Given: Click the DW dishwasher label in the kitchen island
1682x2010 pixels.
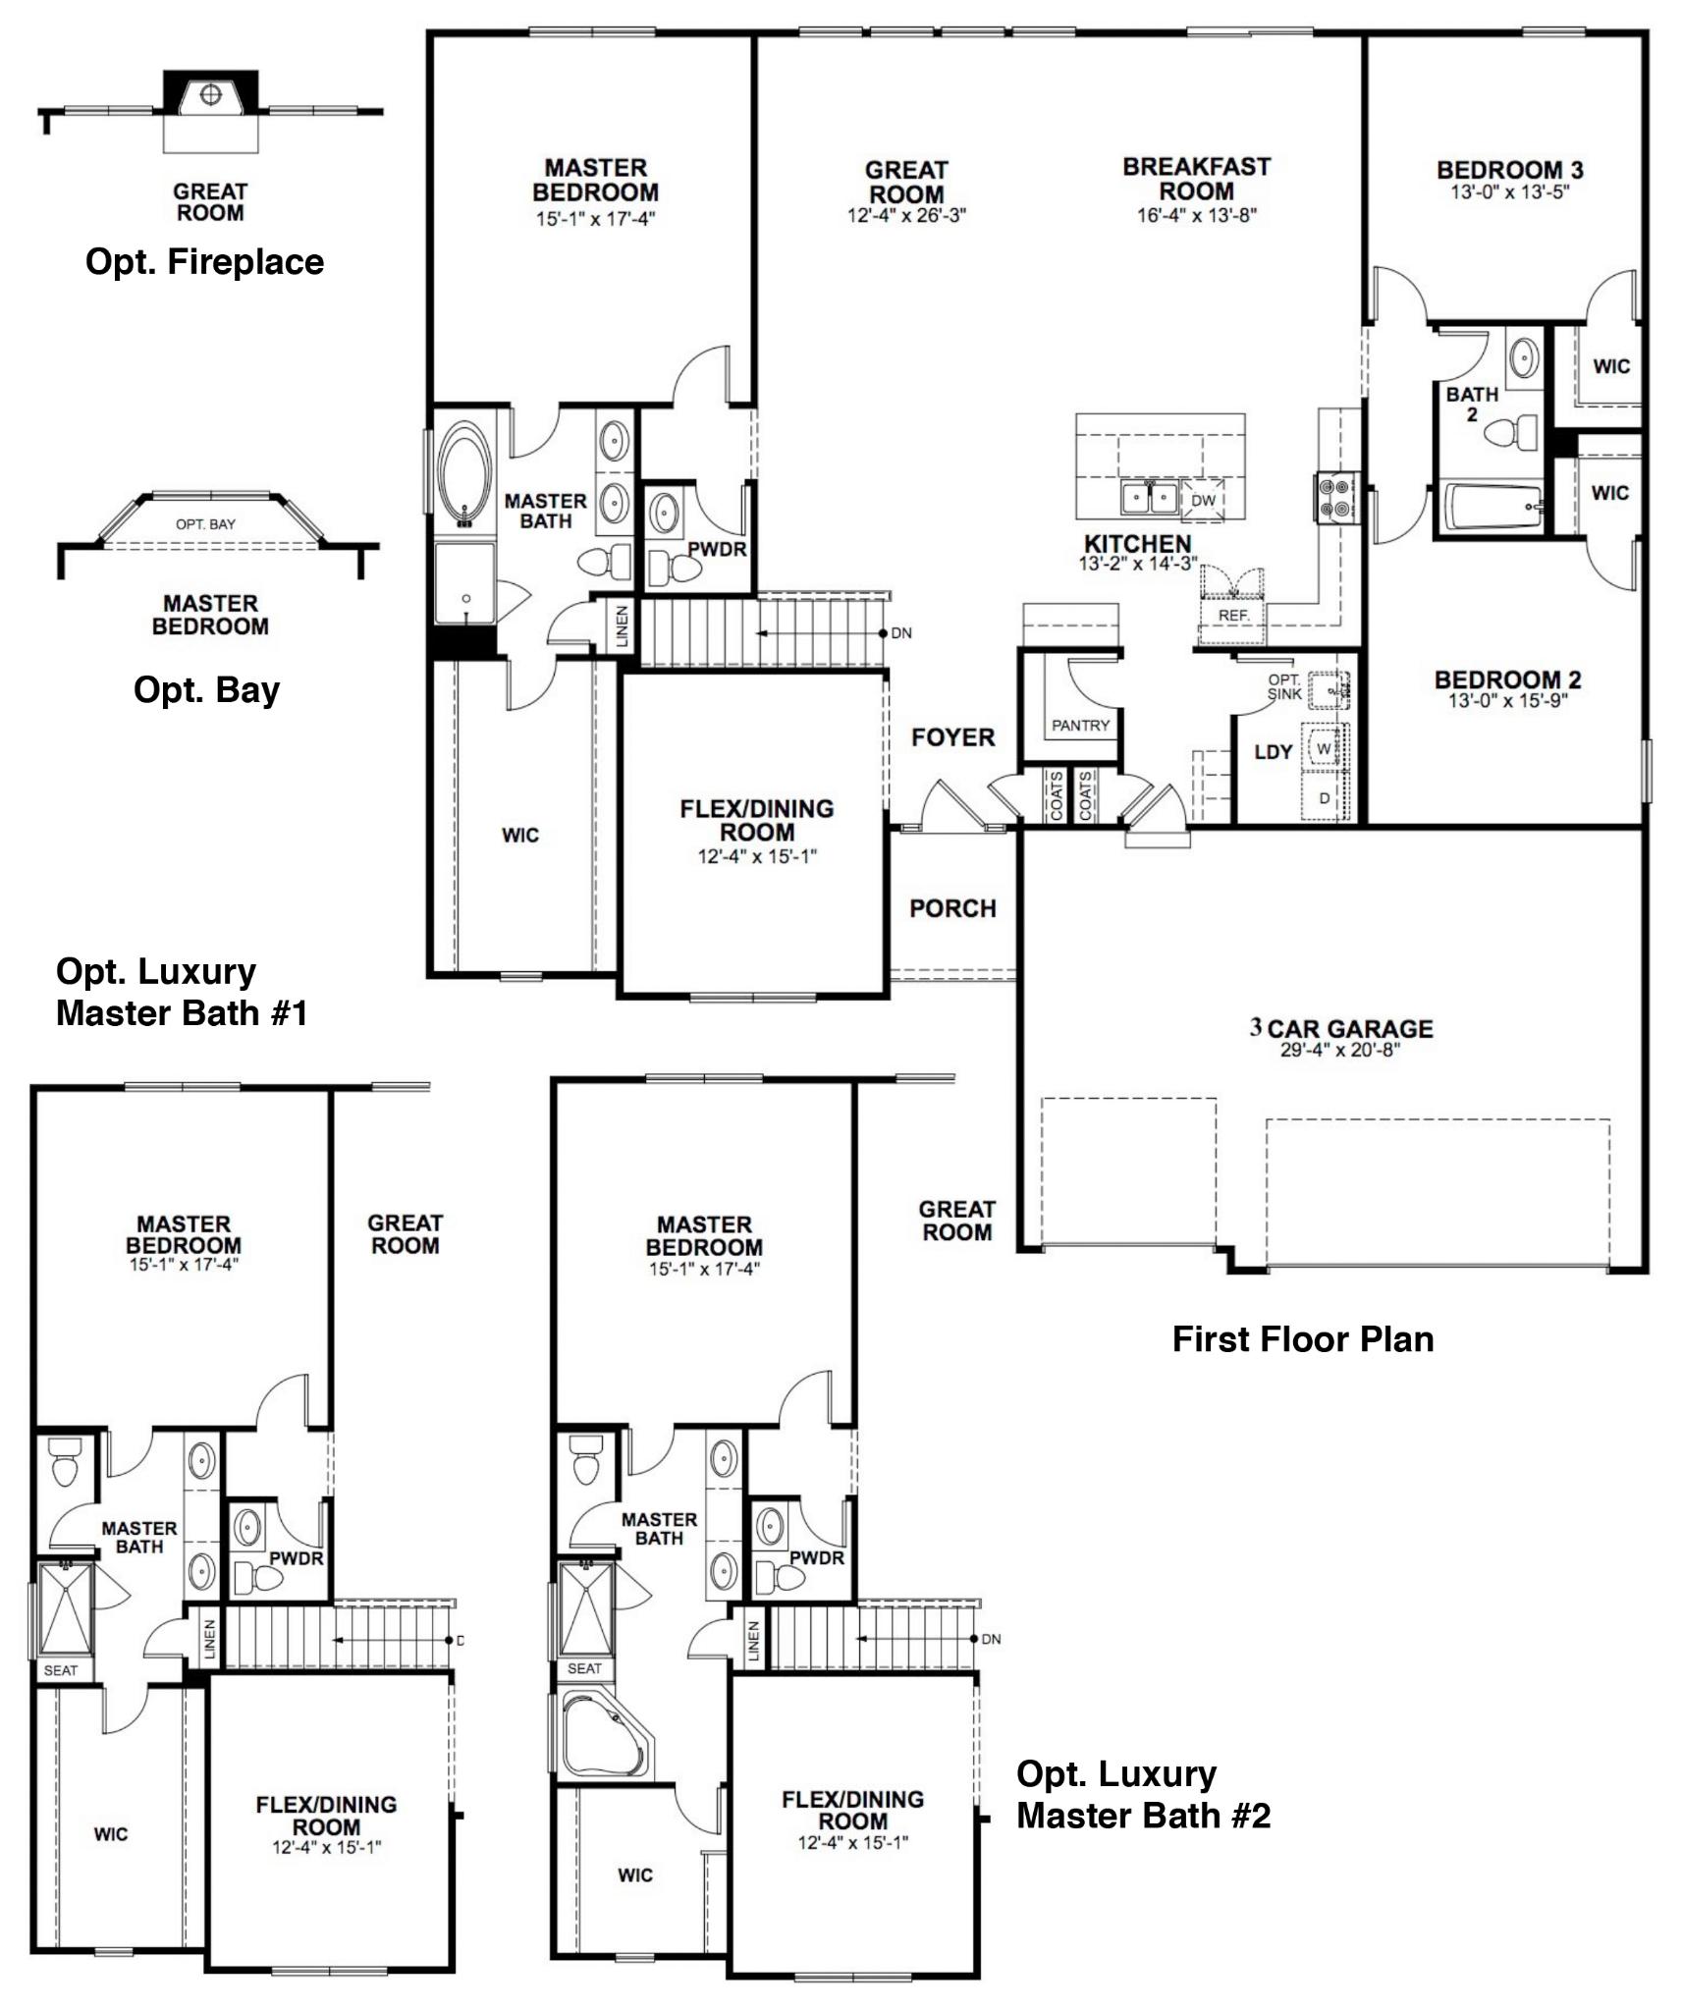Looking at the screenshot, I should [x=1203, y=500].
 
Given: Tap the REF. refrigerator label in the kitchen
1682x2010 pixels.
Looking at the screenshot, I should [x=1233, y=616].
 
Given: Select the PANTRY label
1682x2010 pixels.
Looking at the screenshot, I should [x=1080, y=726].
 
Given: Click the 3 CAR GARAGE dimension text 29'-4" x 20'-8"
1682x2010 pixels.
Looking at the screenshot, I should [x=1339, y=1050].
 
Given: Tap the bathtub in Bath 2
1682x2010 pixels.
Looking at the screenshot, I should [x=1491, y=507].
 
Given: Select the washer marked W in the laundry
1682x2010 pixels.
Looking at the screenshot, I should [x=1324, y=749].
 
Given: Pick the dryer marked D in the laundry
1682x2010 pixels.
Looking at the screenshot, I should [x=1324, y=798].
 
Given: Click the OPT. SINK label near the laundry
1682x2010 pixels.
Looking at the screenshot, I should [x=1283, y=686].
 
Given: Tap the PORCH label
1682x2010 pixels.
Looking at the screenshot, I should [x=952, y=908].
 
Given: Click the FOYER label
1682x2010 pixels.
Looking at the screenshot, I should [x=952, y=737].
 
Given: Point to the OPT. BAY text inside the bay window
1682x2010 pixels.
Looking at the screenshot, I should [x=205, y=524].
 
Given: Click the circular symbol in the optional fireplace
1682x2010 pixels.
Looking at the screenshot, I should [x=209, y=94].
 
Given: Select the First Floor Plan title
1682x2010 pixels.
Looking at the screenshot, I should [x=1302, y=1339].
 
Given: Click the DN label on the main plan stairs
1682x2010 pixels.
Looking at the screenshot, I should [x=900, y=633].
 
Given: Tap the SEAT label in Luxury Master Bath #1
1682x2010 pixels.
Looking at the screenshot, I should [x=60, y=1669].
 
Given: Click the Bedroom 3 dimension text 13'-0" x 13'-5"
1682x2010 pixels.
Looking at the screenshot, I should [x=1509, y=192].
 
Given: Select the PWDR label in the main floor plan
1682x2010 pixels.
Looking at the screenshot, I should [x=717, y=549].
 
